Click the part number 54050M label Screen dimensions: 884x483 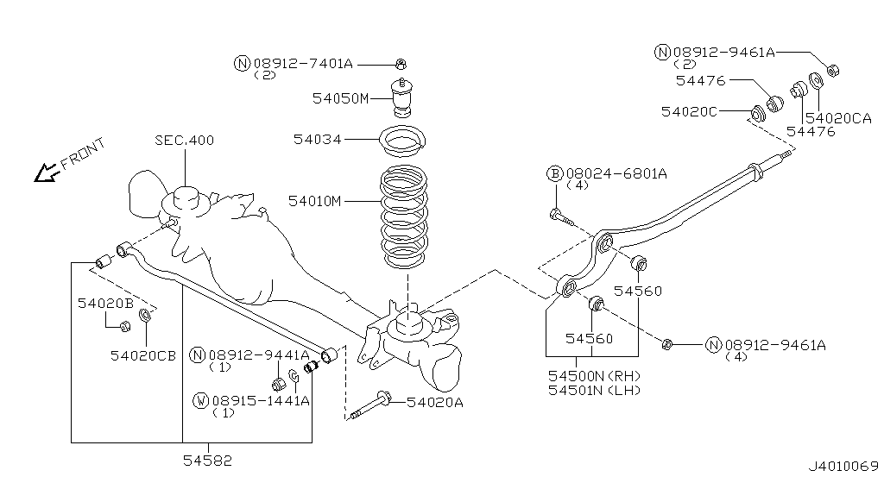(340, 98)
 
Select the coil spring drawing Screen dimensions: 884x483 (404, 216)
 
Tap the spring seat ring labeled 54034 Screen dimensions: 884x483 (402, 141)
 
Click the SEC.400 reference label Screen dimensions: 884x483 (185, 140)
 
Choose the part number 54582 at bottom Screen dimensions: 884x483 (207, 461)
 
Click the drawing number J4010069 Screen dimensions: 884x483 (843, 467)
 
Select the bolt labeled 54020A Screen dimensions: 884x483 (370, 405)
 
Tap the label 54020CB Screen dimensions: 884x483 (142, 355)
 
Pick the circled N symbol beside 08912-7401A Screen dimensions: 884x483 (242, 63)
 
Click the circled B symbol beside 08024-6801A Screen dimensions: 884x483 (555, 173)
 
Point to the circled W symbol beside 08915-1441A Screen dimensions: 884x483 (200, 401)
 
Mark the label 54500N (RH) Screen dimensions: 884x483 (595, 375)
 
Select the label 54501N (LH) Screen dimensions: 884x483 (595, 390)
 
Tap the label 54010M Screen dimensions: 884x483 (314, 201)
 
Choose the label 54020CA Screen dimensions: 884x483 (838, 118)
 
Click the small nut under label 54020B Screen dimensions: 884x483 (126, 325)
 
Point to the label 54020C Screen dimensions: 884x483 (689, 111)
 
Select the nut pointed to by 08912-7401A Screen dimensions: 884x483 (401, 65)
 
